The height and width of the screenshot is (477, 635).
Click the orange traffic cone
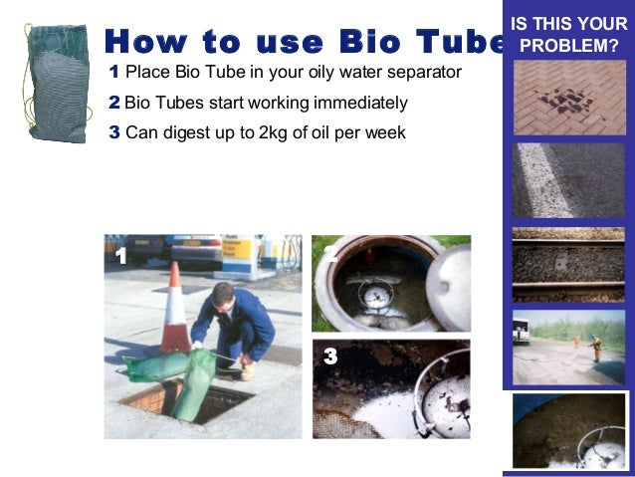tap(175, 311)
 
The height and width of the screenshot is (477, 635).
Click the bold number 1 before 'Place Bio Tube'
tap(114, 73)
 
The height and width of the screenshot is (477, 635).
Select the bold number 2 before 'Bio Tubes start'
tap(114, 103)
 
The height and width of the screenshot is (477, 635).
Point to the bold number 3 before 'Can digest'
tap(114, 132)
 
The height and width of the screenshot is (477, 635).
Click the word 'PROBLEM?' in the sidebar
tap(568, 46)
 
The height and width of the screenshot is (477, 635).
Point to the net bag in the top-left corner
tap(57, 84)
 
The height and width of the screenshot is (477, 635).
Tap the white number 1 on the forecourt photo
tap(120, 257)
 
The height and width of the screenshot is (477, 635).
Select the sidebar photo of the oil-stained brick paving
tap(568, 98)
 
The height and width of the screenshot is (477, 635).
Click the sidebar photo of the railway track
tap(568, 264)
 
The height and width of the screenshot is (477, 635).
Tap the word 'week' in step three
tap(384, 132)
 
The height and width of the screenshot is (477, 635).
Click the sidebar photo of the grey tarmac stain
tap(568, 180)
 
